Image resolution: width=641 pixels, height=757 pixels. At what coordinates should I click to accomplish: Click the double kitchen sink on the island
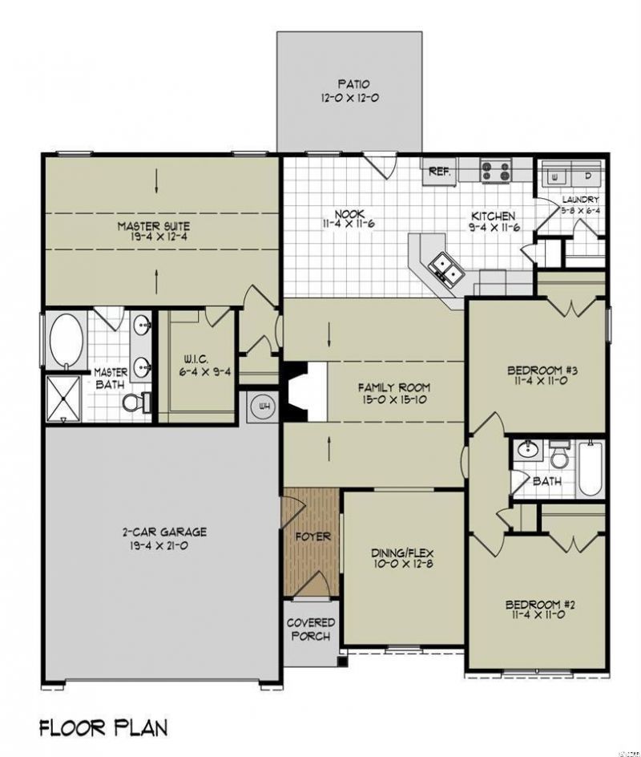442,266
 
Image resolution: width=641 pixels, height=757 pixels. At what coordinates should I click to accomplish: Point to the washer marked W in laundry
554,175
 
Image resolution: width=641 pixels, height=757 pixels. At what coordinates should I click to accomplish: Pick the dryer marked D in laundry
587,175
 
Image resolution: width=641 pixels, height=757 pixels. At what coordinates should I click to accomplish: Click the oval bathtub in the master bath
65,341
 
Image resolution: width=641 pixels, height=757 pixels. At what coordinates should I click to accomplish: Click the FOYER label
311,536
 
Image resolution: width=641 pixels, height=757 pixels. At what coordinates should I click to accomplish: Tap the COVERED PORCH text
311,629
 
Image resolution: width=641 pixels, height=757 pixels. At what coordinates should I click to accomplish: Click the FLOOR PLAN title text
103,728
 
